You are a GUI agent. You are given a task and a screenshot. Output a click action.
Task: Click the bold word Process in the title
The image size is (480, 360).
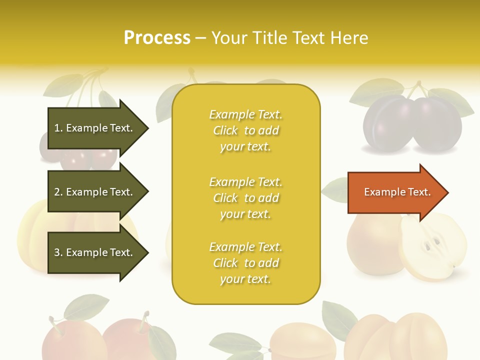click(157, 38)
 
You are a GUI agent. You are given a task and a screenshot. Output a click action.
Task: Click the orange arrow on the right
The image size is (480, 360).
click(395, 192)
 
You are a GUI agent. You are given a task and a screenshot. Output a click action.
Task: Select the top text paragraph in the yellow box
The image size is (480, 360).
click(245, 130)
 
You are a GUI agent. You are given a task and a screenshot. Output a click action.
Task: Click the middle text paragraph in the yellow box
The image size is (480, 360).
click(245, 198)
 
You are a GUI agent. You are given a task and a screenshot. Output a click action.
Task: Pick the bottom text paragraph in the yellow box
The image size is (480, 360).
click(245, 263)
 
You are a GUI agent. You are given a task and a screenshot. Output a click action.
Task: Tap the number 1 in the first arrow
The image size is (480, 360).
click(57, 128)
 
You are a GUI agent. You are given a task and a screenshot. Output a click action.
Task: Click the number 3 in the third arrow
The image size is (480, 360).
click(57, 253)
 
